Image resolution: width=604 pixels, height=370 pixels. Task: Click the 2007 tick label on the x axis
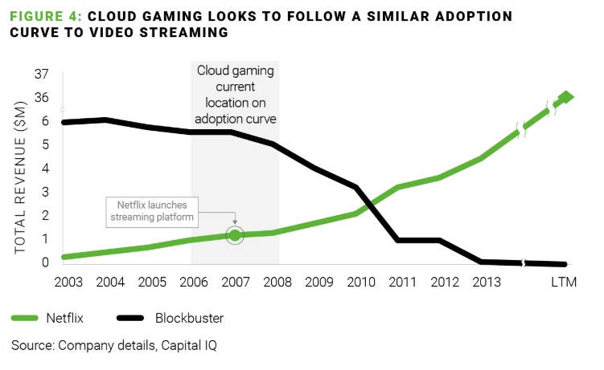[235, 283]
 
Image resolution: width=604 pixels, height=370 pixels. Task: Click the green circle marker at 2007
[235, 235]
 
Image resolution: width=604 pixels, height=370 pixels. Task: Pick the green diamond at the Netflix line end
[565, 97]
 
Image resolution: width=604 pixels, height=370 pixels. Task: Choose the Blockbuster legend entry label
[189, 318]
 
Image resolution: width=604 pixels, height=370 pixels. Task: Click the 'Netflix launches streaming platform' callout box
[153, 211]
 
